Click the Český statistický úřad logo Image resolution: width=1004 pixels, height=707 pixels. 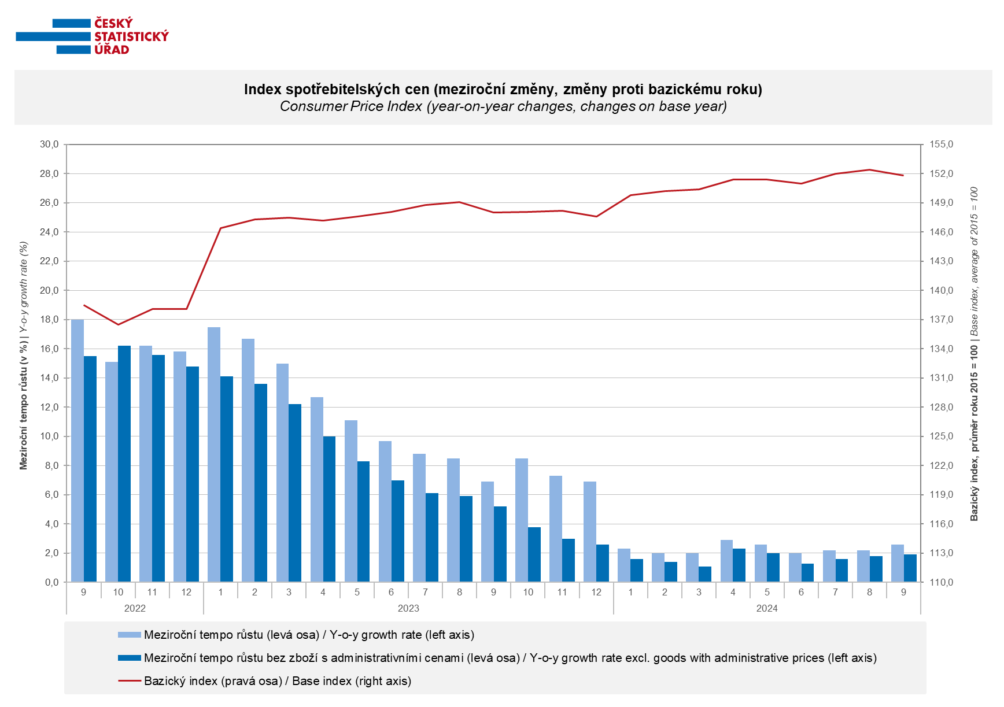coord(93,36)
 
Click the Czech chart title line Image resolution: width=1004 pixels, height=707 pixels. coord(503,90)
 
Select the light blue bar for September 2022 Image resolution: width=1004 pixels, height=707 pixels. coord(77,451)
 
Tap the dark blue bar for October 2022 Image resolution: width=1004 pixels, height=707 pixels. coord(124,464)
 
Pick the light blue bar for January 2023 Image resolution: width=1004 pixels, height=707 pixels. coord(214,454)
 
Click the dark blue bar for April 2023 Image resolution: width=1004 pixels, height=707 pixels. coord(329,509)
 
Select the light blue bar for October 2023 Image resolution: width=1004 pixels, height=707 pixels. coord(522,520)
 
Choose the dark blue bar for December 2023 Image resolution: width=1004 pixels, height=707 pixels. coord(603,563)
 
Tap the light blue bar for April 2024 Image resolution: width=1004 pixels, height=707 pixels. coord(726,561)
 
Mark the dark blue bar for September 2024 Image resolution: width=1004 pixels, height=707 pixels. coord(910,568)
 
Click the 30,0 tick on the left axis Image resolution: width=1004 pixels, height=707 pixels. coord(49,145)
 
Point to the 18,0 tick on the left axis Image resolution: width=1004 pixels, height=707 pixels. coord(49,320)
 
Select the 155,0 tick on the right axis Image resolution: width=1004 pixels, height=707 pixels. coord(941,145)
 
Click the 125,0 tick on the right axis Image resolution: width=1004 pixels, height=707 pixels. coord(941,436)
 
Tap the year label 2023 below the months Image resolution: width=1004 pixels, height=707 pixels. coord(408,608)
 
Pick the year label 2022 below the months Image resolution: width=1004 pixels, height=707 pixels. coord(135,608)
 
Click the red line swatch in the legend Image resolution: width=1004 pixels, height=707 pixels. coord(130,681)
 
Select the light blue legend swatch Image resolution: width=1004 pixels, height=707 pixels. coord(130,635)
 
